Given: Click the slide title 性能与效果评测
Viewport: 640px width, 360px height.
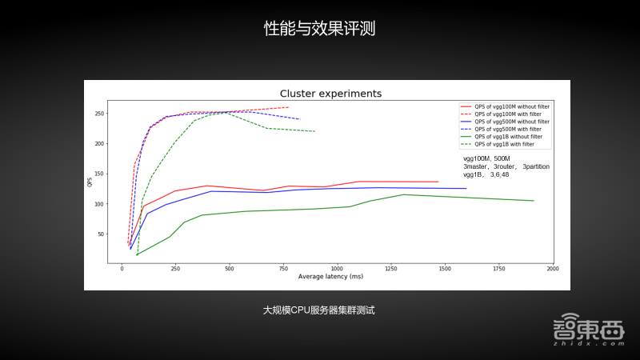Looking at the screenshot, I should coord(320,30).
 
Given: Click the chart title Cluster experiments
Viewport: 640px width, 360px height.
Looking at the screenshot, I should coord(330,94).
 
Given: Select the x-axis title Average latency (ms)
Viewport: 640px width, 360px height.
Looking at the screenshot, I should coord(330,276).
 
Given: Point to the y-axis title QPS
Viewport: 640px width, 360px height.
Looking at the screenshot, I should coord(90,183).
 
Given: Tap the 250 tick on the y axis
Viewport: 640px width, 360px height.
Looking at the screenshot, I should coord(100,114).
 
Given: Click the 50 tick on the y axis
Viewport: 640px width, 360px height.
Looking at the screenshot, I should coord(102,234).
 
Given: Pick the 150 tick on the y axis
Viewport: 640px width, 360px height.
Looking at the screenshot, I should coord(100,174).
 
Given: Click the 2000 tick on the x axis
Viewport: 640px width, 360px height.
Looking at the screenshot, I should coord(552,269).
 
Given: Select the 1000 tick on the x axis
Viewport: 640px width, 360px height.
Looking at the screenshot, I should coord(337,269).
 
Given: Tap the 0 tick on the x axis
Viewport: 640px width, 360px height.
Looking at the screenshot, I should coord(122,269).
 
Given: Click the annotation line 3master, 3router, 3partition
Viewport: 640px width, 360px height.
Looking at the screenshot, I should coord(506,166).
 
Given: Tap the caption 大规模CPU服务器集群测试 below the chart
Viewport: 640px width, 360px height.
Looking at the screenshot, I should coord(319,309).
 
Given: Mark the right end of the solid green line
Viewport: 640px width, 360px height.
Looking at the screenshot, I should coord(534,201).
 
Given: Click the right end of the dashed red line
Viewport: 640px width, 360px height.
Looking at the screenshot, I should coord(288,107).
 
